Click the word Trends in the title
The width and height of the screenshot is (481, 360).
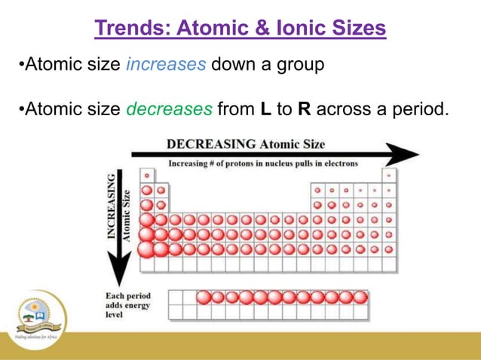click(130, 29)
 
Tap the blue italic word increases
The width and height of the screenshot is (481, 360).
click(165, 65)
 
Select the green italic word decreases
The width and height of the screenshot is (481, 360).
click(169, 110)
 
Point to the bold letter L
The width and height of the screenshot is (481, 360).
click(265, 110)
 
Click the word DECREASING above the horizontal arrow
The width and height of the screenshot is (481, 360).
click(211, 144)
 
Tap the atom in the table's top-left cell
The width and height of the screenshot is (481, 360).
click(146, 175)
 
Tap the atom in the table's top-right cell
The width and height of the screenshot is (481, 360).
click(388, 175)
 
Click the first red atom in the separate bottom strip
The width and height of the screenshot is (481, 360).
click(204, 297)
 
